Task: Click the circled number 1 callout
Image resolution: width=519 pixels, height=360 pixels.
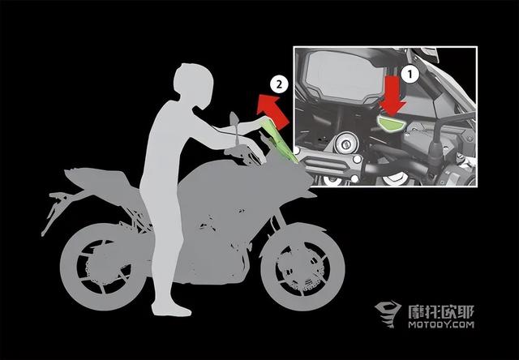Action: coord(410,75)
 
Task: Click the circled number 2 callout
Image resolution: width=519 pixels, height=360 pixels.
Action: coord(279,84)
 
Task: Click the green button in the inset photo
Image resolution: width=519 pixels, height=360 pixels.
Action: coord(391,122)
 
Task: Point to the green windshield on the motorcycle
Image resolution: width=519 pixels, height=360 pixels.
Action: coord(279,141)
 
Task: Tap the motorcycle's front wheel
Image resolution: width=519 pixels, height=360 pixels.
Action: coord(302,267)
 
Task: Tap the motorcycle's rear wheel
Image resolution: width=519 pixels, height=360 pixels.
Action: coord(103,266)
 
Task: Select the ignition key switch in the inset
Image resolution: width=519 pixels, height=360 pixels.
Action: coord(346,144)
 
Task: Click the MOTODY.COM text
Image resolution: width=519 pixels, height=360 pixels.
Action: coord(441,324)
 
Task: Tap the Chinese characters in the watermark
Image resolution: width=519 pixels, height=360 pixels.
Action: coord(441,311)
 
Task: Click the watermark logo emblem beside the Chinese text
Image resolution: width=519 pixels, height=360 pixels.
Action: coord(388,314)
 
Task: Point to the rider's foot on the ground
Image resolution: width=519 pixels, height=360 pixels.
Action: coord(171,310)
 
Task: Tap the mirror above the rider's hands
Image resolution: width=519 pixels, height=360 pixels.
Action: coord(234,118)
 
